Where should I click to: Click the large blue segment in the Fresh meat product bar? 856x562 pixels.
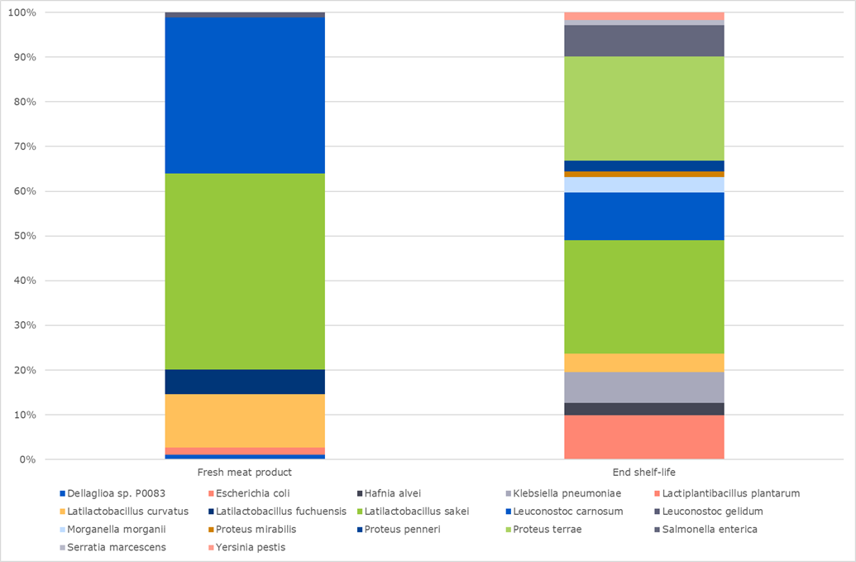244,95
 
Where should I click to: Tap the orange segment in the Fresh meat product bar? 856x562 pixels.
244,420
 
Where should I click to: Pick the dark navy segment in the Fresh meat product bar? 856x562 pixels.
244,382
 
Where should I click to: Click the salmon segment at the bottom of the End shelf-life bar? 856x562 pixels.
643,436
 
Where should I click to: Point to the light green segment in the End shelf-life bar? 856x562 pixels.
643,108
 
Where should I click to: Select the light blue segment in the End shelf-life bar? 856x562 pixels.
643,185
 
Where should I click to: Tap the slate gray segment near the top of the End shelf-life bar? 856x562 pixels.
643,41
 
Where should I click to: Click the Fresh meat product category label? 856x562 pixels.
244,473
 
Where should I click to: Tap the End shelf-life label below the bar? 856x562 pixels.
643,473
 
